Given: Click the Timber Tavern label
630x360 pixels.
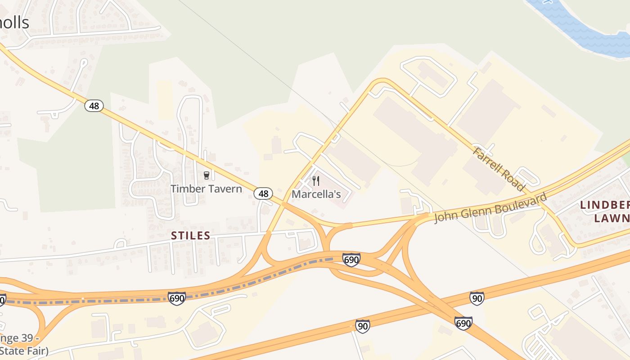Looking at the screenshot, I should click(x=206, y=189).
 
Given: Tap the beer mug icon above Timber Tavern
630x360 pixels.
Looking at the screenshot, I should click(x=207, y=175).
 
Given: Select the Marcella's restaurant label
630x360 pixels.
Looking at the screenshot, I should click(x=316, y=194).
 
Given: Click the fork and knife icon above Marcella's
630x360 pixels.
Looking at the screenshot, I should click(x=316, y=181).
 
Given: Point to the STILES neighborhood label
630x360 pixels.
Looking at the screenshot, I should click(x=191, y=235).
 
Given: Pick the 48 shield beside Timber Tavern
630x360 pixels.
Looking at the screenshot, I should click(x=263, y=193).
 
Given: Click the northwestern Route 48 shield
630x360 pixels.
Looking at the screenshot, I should click(x=94, y=106).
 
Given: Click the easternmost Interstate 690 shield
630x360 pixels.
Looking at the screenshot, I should click(x=463, y=323).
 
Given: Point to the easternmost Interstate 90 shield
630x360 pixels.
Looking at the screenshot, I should click(x=477, y=298).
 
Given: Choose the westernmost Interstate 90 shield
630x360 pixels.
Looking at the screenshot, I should click(x=363, y=326).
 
